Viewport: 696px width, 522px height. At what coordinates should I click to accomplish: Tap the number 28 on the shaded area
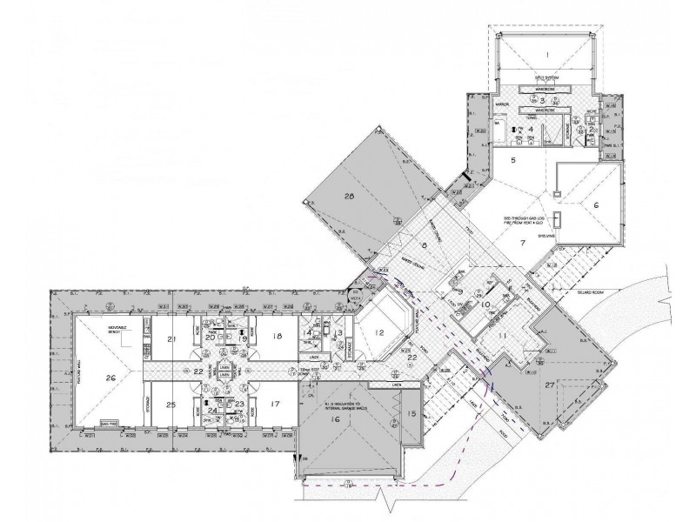(351, 197)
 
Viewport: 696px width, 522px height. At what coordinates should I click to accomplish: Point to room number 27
(548, 383)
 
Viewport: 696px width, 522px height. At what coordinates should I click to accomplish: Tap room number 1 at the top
(547, 54)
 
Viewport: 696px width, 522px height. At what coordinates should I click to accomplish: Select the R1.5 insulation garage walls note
(341, 405)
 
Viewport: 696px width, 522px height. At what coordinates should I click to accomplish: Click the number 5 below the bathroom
(513, 161)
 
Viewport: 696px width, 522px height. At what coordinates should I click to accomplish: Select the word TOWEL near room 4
(546, 99)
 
